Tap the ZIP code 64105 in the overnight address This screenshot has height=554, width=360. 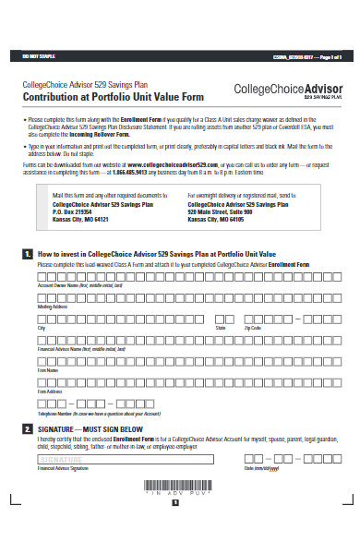click(258, 220)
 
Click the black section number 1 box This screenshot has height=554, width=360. click(28, 253)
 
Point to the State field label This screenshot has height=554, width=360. click(221, 326)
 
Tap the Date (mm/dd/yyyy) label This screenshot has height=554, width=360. click(262, 469)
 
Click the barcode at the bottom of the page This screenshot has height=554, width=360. click(181, 511)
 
